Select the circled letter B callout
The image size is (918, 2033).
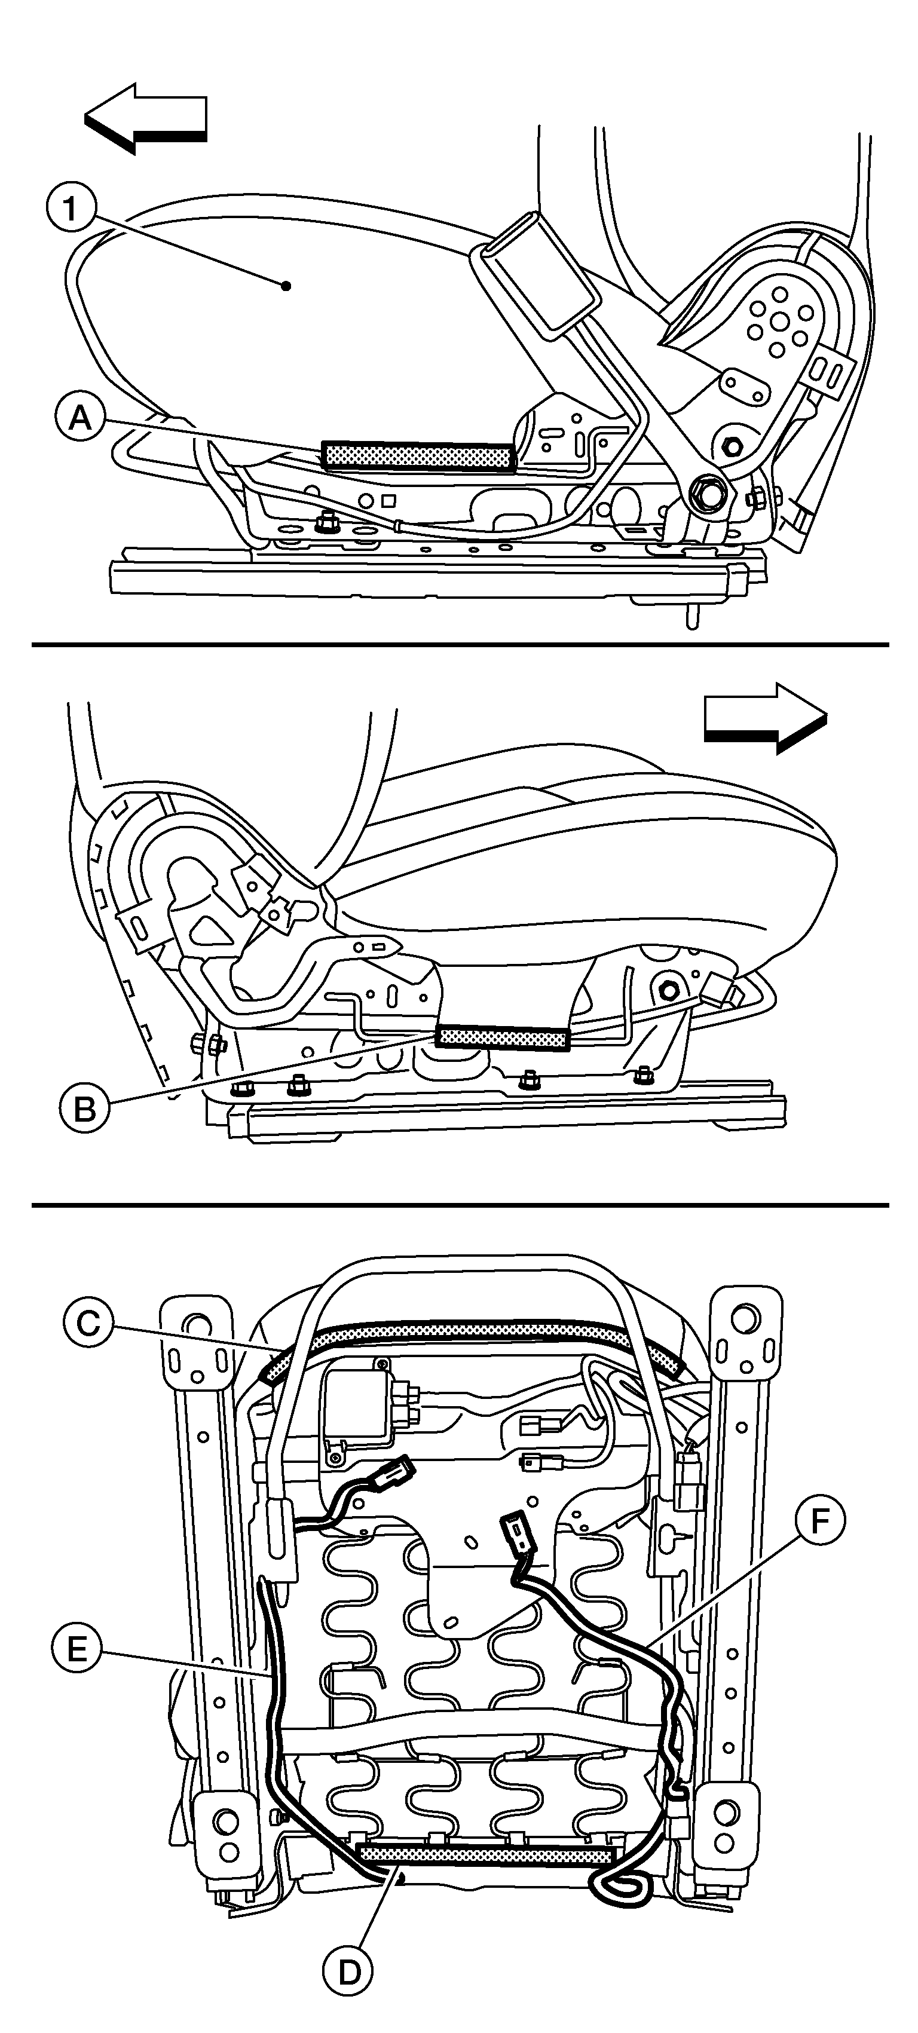(x=85, y=1109)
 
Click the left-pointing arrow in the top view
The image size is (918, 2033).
(x=146, y=118)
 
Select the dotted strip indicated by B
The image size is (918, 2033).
(x=503, y=1038)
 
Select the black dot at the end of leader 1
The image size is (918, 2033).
(x=286, y=286)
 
